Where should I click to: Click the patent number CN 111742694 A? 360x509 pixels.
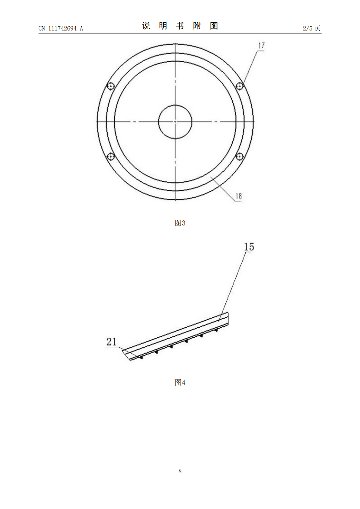[61, 28]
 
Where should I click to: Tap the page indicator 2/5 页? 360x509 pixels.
[311, 28]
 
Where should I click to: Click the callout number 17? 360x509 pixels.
[261, 45]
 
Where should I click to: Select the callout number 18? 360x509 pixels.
[239, 196]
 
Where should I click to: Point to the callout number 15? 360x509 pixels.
[249, 247]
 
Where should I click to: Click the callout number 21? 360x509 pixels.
[111, 342]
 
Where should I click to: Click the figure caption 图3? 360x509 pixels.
[180, 223]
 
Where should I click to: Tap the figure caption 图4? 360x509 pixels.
[180, 383]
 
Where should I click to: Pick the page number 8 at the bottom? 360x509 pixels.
[180, 471]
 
